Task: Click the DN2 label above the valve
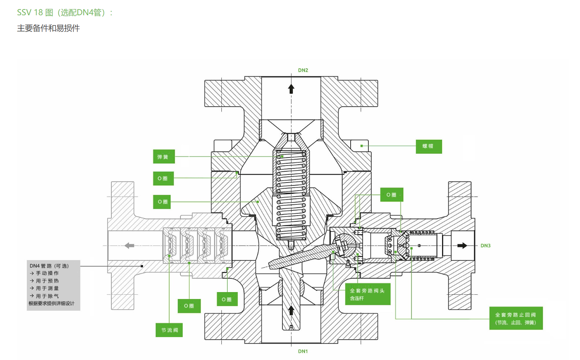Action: coord(303,70)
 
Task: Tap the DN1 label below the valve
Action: coord(303,351)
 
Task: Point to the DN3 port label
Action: coord(485,246)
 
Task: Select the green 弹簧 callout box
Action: coord(164,157)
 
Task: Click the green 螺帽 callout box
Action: coord(429,146)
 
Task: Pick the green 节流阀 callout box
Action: coord(169,330)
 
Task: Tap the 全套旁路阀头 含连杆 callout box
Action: coord(367,294)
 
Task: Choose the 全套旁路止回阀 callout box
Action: coord(516,318)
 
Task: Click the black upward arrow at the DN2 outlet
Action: coord(291,89)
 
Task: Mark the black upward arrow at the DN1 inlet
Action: coord(291,310)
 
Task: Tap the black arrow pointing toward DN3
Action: coord(462,246)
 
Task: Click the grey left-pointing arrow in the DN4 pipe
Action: coord(129,246)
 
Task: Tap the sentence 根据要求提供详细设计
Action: coord(52,303)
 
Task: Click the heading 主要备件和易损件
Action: coord(48,28)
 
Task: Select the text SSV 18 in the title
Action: coord(30,13)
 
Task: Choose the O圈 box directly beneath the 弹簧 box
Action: coord(163,179)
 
